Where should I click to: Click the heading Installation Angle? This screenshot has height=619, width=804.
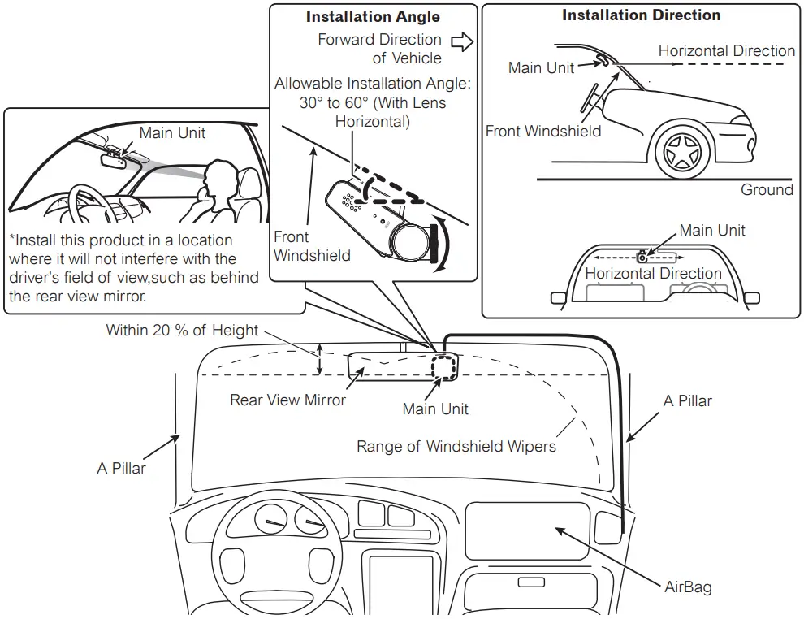[x=373, y=16]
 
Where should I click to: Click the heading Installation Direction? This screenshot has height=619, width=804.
[x=641, y=15]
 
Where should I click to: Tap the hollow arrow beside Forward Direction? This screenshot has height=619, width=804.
[x=462, y=42]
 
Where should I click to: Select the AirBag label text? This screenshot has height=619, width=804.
[x=687, y=586]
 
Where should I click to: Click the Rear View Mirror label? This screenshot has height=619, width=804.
[x=287, y=400]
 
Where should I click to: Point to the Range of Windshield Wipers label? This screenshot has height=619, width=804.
[x=456, y=446]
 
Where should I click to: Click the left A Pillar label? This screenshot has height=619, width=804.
[x=121, y=468]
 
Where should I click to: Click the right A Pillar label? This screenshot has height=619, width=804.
[x=687, y=400]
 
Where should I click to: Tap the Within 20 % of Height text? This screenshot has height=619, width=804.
[x=182, y=331]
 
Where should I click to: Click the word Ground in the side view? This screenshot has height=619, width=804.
[x=767, y=189]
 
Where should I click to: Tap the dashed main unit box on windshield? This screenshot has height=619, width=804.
[x=444, y=366]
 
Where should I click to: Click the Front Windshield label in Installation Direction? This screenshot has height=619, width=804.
[x=543, y=131]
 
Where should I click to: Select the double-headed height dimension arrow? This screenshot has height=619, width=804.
[x=320, y=359]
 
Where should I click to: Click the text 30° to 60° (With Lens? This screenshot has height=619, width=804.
[x=373, y=103]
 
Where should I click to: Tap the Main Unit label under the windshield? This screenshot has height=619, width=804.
[x=435, y=409]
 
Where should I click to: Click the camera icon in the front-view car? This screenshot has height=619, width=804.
[x=642, y=256]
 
